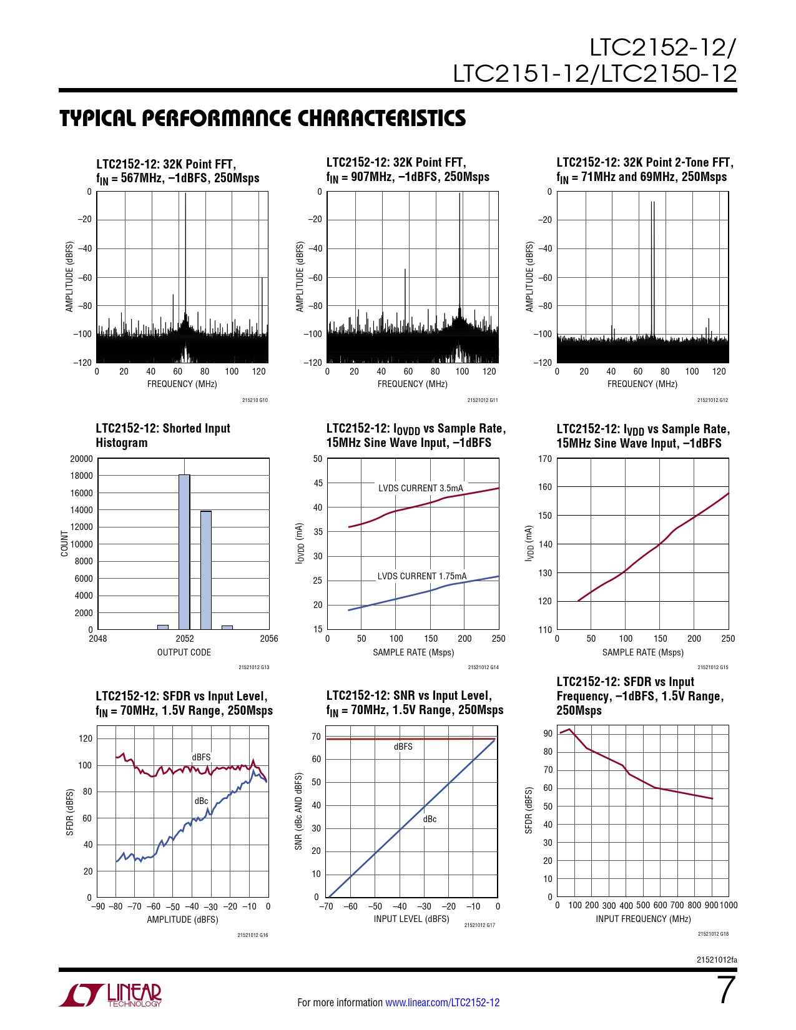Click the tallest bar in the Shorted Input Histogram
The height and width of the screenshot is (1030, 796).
tap(184, 552)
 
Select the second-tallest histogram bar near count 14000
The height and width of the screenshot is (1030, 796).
tap(206, 570)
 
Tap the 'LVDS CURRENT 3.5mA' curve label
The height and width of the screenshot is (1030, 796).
tap(421, 488)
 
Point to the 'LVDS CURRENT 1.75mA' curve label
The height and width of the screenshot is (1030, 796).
tap(421, 576)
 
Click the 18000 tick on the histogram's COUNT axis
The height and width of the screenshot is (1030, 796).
tap(81, 476)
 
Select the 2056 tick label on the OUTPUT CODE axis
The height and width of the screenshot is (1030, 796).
tap(269, 639)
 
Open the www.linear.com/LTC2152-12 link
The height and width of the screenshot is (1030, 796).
tap(442, 1003)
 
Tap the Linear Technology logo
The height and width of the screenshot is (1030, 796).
tap(111, 995)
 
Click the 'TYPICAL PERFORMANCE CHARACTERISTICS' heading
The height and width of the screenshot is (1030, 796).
tap(262, 119)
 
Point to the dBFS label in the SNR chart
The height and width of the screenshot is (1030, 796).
tap(403, 747)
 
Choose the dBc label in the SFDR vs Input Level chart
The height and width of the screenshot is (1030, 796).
tap(201, 801)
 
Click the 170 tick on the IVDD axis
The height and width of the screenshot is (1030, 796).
tap(544, 459)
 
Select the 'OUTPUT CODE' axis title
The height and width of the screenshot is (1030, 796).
tap(184, 652)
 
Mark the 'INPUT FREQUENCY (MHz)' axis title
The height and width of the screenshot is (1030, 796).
tap(643, 919)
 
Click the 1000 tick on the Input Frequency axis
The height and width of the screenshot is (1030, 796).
tap(729, 905)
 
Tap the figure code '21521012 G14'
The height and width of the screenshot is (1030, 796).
tap(483, 667)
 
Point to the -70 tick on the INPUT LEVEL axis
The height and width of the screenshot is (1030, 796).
tap(327, 906)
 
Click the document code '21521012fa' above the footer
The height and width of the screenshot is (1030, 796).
tap(717, 959)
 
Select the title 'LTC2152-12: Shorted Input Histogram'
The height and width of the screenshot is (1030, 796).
tap(163, 435)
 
